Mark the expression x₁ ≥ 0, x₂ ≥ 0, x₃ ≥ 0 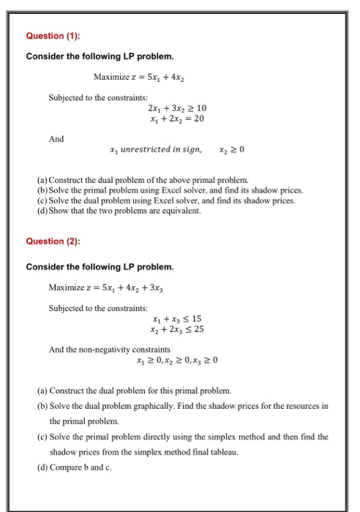point(177,360)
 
